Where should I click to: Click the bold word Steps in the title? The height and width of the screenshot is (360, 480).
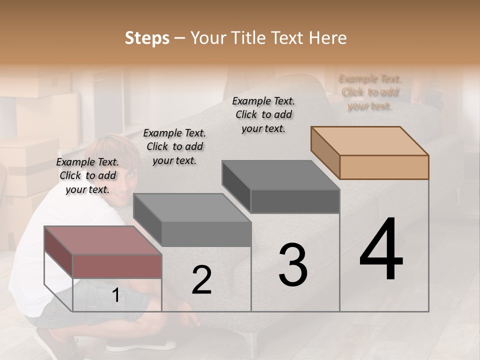click(x=146, y=38)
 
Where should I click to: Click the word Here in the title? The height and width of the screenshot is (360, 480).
click(x=328, y=38)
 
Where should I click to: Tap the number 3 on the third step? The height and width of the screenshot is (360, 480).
click(x=292, y=264)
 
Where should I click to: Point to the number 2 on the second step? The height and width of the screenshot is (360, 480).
click(x=201, y=280)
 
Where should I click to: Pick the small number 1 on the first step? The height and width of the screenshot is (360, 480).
click(x=115, y=295)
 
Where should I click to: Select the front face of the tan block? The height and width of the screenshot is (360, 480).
click(x=384, y=167)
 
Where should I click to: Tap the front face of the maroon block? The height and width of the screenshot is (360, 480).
click(x=117, y=265)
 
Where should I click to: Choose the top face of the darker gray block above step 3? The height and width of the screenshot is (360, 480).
click(x=280, y=175)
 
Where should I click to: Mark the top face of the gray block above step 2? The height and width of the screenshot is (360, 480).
click(x=192, y=208)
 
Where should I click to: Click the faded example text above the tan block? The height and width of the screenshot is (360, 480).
click(x=370, y=92)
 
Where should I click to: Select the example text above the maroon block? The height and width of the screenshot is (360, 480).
click(x=87, y=175)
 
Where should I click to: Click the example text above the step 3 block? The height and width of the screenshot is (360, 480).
click(x=263, y=114)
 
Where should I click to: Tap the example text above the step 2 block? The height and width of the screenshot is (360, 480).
click(x=174, y=146)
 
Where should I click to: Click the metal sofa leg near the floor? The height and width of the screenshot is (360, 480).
click(x=255, y=345)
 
